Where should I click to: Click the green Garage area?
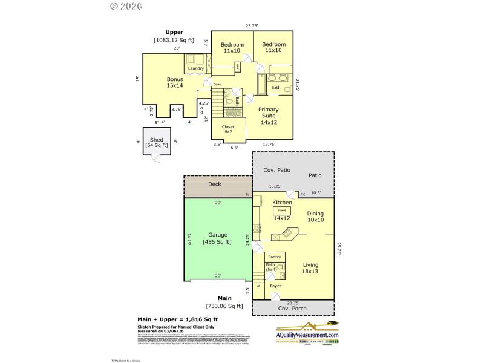pyautogui.click(x=217, y=239)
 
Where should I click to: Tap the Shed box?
pyautogui.click(x=157, y=143)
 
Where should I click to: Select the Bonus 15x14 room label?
pyautogui.click(x=175, y=82)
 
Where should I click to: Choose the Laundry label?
pyautogui.click(x=195, y=68)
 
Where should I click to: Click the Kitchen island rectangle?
pyautogui.click(x=282, y=209)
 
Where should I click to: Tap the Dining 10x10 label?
pyautogui.click(x=315, y=217)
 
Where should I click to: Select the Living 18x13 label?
pyautogui.click(x=310, y=268)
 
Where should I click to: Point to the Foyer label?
pyautogui.click(x=275, y=286)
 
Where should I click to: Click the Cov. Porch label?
pyautogui.click(x=293, y=309)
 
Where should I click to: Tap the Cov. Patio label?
pyautogui.click(x=276, y=171)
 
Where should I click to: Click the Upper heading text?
pyautogui.click(x=174, y=32)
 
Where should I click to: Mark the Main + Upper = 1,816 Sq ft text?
pyautogui.click(x=178, y=319)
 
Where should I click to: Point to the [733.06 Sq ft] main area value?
pyautogui.click(x=224, y=306)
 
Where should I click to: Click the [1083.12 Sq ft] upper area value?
pyautogui.click(x=174, y=40)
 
